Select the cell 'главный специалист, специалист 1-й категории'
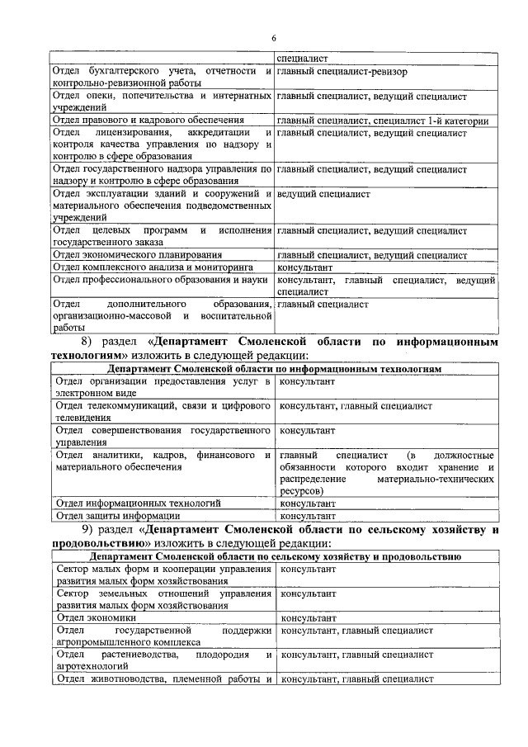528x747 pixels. pos(383,121)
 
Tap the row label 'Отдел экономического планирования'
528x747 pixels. pos(137,256)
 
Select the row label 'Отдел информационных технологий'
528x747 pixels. pos(138,503)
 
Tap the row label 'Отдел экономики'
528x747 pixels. pos(96,617)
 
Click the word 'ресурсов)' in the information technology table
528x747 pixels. pos(303,490)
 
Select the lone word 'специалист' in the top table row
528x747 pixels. pos(303,59)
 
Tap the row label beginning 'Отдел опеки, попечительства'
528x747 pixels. pos(162,102)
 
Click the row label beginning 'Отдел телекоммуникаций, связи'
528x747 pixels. pos(162,412)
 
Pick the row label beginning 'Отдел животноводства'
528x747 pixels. pos(162,678)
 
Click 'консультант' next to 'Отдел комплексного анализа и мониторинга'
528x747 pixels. pos(306,268)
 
